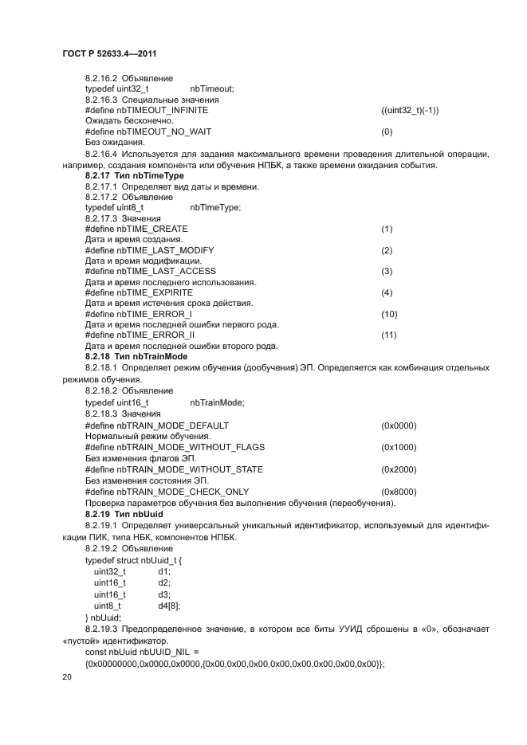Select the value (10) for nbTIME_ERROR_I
point(389,315)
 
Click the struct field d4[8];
point(168,606)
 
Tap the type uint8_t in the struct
point(107,606)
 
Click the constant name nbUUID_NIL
point(163,652)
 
